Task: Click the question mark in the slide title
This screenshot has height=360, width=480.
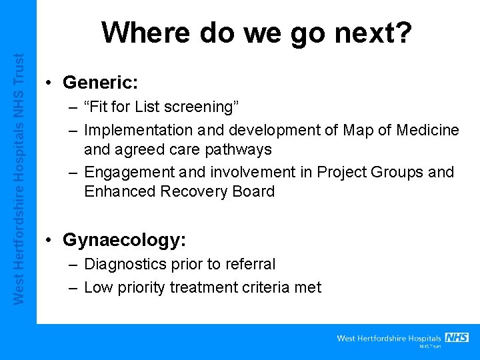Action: click(x=403, y=32)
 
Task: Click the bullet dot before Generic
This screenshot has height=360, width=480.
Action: click(x=49, y=83)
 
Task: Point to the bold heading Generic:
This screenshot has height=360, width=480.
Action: click(x=100, y=83)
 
